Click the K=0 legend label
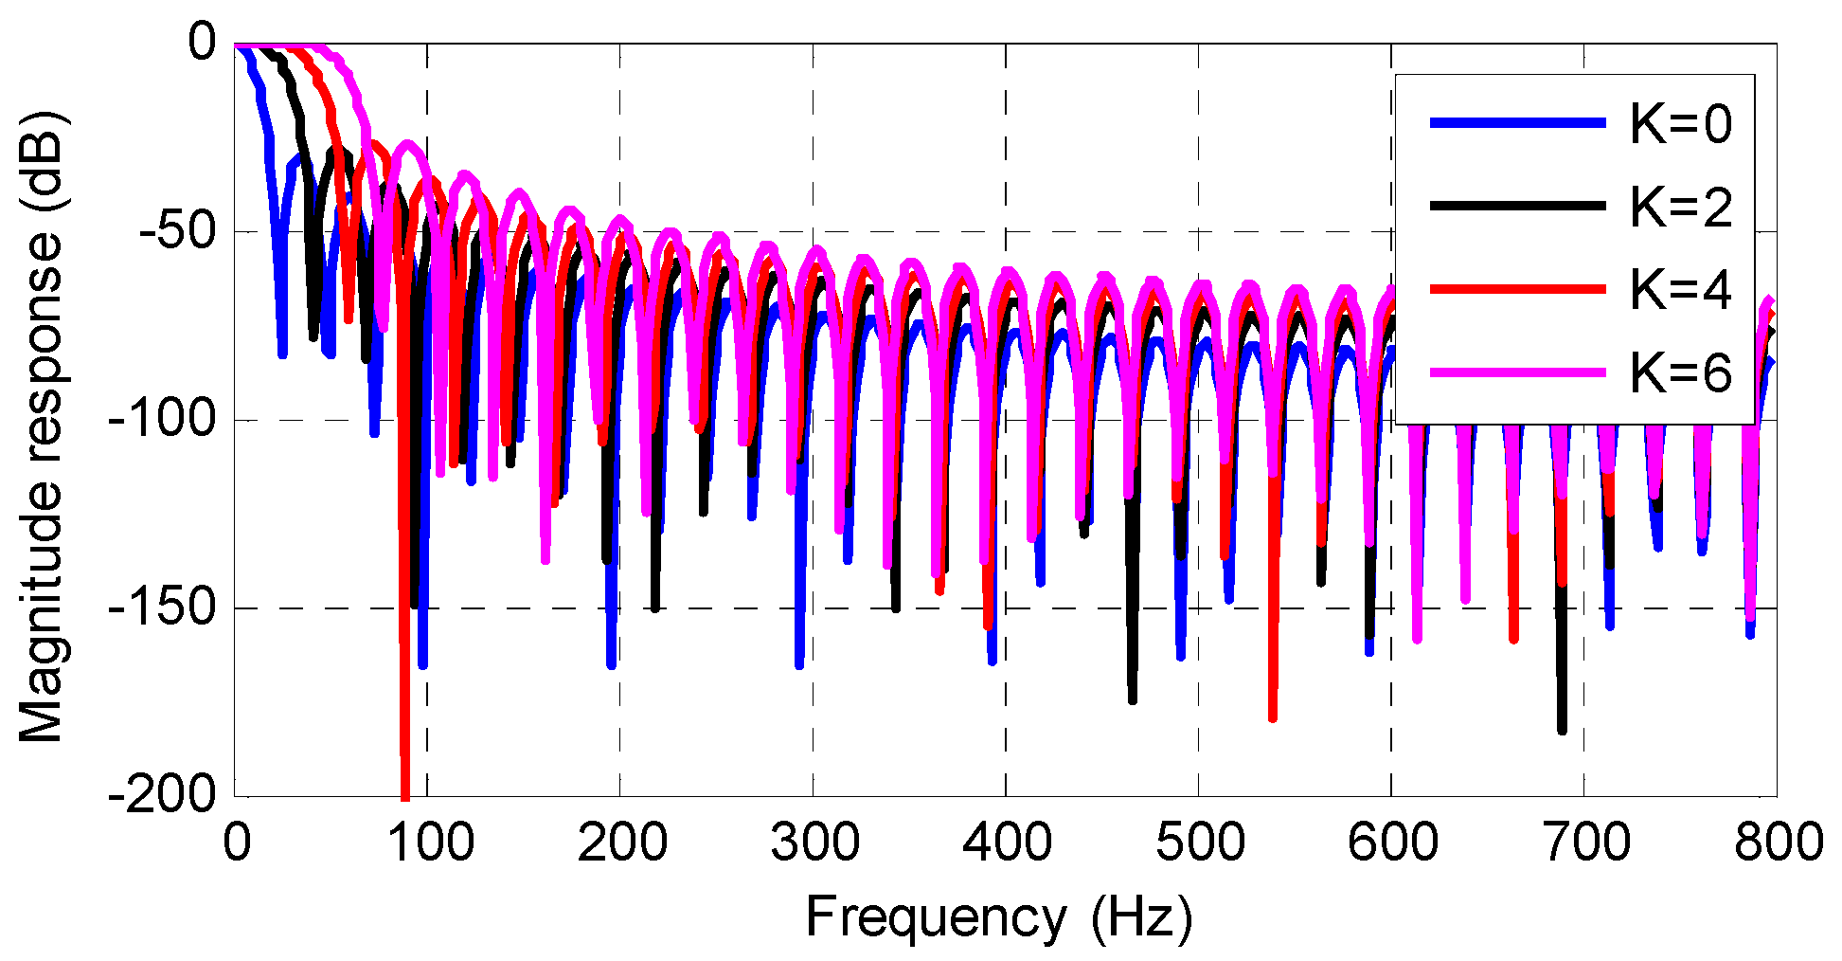1680,124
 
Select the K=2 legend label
1680,207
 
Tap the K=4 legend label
1680,289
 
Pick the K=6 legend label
1680,372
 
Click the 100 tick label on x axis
430,843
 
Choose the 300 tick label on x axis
814,843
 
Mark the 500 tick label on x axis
1199,843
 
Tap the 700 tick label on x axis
1584,843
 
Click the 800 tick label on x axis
1777,843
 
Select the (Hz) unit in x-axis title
1141,917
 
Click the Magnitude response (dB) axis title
42,426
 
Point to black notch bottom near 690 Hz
1562,728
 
